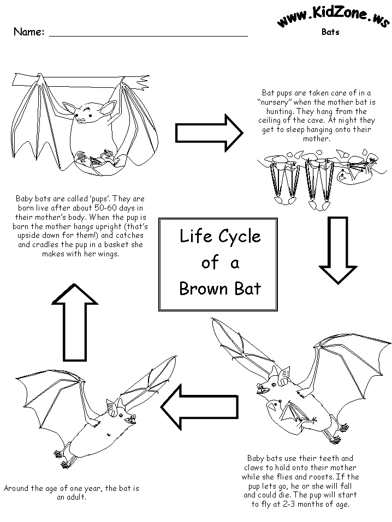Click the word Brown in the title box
(x=202, y=288)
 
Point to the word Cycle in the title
(x=240, y=237)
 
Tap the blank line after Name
(x=149, y=33)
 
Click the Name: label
(x=29, y=32)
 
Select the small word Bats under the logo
(x=330, y=32)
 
